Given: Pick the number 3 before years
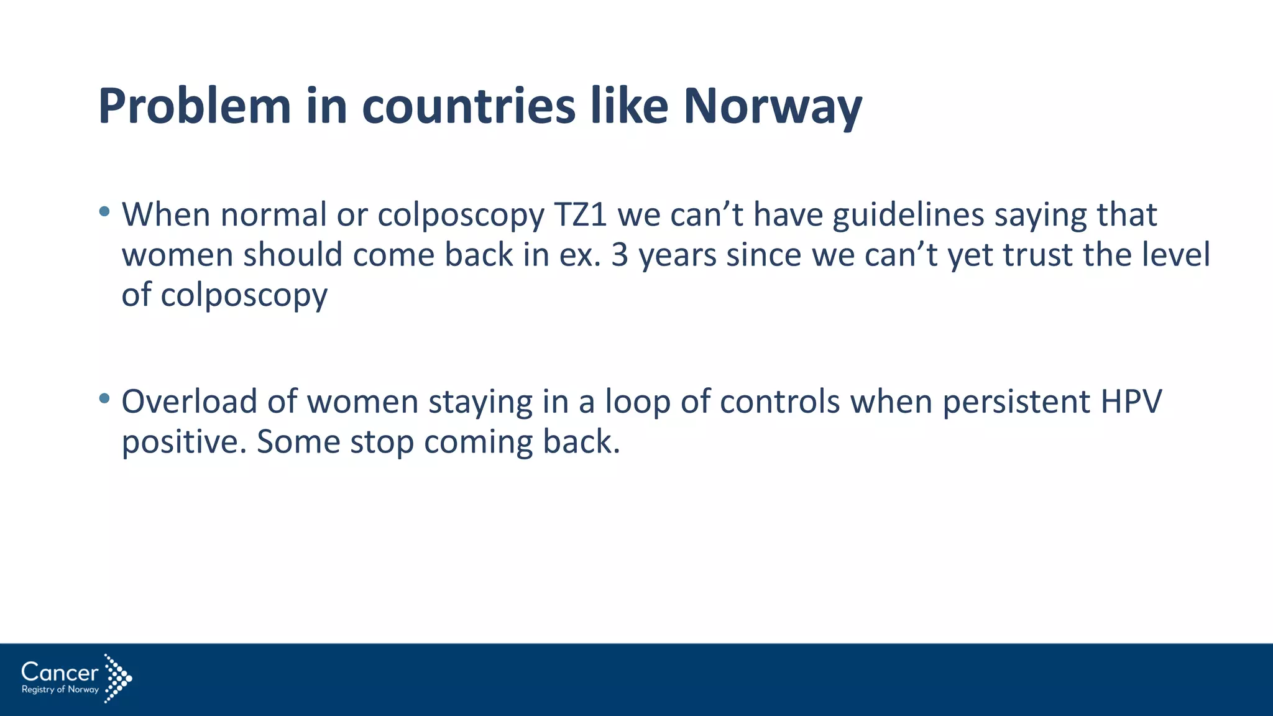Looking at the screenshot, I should (620, 255).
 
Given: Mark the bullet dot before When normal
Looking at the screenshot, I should (104, 211).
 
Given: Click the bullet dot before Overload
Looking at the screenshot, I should (104, 398).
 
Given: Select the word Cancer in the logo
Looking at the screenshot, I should (60, 672).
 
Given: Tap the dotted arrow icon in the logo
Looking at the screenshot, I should (117, 677).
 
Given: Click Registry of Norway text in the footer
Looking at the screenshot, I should (60, 690).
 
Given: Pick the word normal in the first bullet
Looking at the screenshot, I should (273, 215).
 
